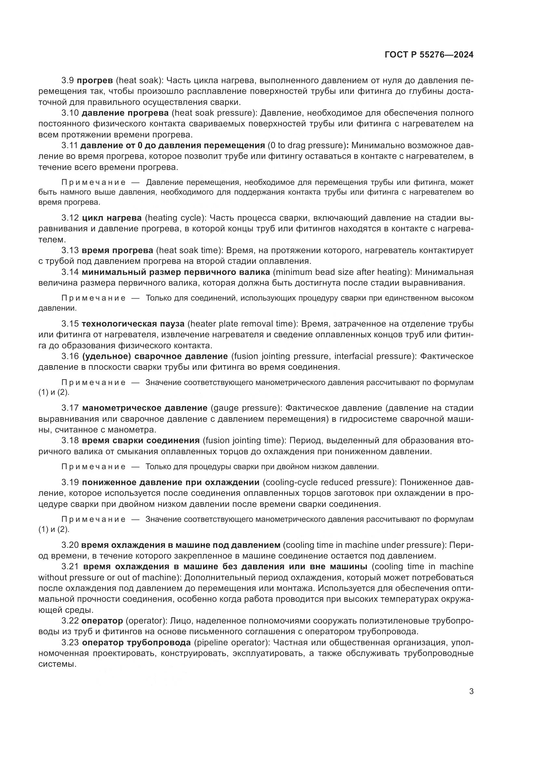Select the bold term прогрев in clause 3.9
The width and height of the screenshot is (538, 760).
pos(95,81)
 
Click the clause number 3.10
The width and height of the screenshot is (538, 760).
pos(70,113)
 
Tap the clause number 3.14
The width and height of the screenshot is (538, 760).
pos(70,272)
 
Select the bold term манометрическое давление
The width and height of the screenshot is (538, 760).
pos(144,408)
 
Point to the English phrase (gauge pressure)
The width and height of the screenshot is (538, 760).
pos(246,408)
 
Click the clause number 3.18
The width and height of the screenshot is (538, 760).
pos(70,441)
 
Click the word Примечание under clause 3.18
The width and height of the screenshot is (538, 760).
pos(94,467)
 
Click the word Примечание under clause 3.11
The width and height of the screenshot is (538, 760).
pos(94,182)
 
